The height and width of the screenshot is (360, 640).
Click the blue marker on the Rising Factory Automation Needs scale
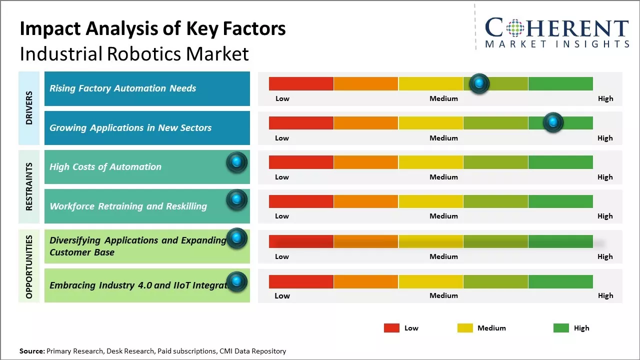point(479,83)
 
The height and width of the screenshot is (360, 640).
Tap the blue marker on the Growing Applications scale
point(553,122)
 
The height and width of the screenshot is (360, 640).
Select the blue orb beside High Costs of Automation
point(237,162)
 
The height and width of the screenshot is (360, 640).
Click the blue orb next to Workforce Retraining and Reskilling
point(237,199)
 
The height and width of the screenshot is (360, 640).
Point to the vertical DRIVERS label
point(29,108)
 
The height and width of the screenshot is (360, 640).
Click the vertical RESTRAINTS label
point(29,186)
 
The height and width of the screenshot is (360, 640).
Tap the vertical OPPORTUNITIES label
point(29,266)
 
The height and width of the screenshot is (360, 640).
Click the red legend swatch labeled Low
point(391,328)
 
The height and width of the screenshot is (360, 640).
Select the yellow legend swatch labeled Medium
point(465,328)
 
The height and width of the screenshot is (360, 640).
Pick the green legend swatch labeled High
point(561,328)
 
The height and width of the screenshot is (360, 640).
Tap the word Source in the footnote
point(31,351)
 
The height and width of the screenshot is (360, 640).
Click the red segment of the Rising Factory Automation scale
point(301,83)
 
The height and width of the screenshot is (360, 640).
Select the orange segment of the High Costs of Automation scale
point(366,162)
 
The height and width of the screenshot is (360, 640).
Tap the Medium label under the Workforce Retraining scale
point(443,216)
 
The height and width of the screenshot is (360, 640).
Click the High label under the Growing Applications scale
point(605,138)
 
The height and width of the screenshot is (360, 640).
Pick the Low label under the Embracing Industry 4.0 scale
point(282,295)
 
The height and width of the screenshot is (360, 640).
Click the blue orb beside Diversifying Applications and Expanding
point(237,238)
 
